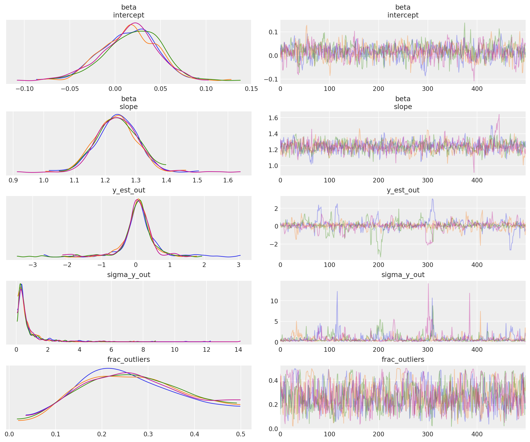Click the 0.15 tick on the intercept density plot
coord(251,89)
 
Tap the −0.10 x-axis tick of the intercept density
coord(24,89)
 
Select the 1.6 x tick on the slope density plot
coord(228,180)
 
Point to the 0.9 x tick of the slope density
coord(13,180)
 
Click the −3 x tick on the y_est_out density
coord(33,265)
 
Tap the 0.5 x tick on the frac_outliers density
coord(241,434)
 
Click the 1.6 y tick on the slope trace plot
coord(273,118)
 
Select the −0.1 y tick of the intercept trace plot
coord(271,79)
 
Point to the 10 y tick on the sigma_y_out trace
coord(274,301)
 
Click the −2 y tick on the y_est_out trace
coord(273,244)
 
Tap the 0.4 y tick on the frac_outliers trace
coord(273,380)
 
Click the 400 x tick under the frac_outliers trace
coord(477,434)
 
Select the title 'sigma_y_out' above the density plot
coord(129,275)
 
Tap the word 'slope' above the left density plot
coord(129,107)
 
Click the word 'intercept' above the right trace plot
coord(403,15)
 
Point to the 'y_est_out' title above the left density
coord(129,190)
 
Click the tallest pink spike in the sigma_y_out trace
coord(428,284)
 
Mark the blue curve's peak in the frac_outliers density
coord(108,368)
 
